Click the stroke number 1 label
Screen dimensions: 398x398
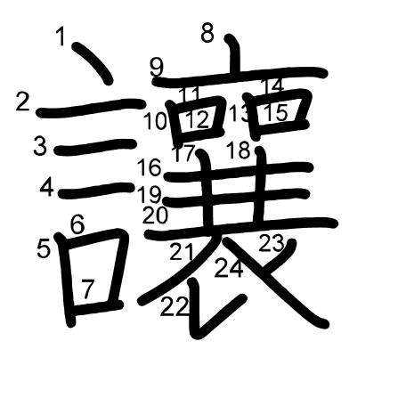[61, 36]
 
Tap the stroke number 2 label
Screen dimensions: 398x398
[23, 102]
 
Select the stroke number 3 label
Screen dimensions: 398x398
[40, 145]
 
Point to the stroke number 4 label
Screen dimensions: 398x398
[47, 188]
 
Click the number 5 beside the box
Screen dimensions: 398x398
[44, 248]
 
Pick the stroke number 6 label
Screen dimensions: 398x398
[77, 224]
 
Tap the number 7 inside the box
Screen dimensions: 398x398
[87, 288]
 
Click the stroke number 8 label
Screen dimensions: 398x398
[207, 33]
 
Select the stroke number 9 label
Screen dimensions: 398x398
[157, 68]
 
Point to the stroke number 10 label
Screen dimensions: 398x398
[155, 121]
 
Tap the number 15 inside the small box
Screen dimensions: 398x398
[276, 112]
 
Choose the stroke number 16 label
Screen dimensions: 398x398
[150, 167]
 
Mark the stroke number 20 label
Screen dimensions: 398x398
[155, 215]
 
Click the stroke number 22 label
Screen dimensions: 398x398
[175, 306]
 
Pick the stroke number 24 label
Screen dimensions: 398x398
[229, 268]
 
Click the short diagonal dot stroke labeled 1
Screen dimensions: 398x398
[93, 63]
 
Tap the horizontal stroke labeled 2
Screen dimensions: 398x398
[91, 108]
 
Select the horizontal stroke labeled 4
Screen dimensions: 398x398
[96, 190]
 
